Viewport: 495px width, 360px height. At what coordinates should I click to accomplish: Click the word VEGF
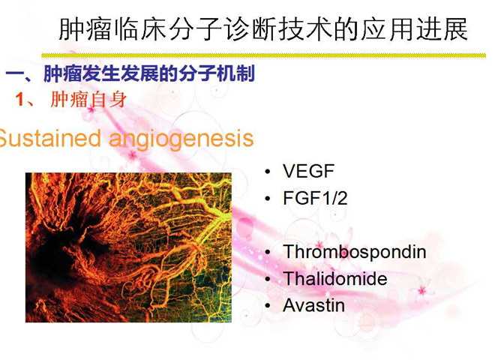(308, 171)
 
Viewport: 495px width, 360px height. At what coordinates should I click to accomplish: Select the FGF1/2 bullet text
(315, 198)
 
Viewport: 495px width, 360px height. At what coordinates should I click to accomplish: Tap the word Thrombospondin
(355, 253)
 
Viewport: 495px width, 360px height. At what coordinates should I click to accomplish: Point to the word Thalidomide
(335, 278)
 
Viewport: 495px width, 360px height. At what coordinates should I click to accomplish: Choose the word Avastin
(313, 305)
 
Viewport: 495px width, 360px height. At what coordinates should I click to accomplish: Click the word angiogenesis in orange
(181, 139)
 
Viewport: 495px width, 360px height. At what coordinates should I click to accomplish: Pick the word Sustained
(50, 138)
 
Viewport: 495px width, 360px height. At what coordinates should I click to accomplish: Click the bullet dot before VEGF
(268, 172)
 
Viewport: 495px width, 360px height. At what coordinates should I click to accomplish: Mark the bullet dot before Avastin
(268, 306)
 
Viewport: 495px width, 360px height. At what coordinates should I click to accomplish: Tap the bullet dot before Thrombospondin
(268, 252)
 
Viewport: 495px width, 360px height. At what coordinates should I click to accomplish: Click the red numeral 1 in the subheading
(19, 100)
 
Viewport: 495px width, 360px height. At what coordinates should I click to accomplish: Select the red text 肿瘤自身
(88, 100)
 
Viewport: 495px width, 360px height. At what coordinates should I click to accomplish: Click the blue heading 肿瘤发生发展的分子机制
(149, 73)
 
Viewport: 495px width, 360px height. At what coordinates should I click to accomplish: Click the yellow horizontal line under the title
(263, 55)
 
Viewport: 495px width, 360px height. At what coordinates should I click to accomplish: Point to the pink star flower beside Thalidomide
(421, 290)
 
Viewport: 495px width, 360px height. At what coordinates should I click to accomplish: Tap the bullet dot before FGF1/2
(268, 199)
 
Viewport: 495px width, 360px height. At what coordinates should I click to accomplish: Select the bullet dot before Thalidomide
(268, 279)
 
